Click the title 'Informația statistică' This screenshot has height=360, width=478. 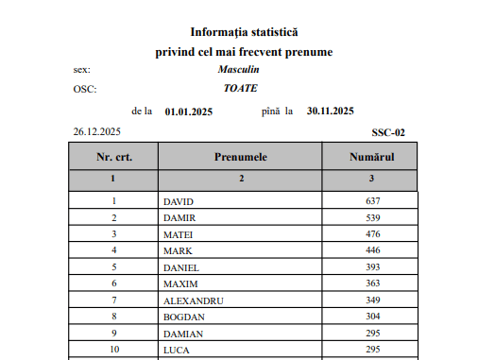pos(246,33)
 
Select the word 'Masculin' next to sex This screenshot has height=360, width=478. pos(238,70)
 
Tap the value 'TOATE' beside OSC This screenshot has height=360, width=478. pos(239,89)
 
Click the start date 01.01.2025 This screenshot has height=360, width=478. pos(189,111)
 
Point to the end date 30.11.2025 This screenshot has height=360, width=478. pos(331,111)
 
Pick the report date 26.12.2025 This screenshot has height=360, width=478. pos(96,132)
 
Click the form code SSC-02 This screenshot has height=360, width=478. pos(388,132)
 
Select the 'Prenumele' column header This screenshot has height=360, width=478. pos(240,155)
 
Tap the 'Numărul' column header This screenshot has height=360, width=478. pos(371,155)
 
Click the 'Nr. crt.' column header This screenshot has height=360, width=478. pos(113,155)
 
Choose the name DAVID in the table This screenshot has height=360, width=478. pos(178,201)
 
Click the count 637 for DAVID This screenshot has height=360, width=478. pos(371,201)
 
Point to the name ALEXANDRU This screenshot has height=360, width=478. pos(194,300)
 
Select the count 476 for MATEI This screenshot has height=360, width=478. pos(371,234)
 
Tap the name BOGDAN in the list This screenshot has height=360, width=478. pos(184,317)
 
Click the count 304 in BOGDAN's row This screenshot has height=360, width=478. pos(371,317)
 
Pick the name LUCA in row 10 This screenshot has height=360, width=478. pos(177,350)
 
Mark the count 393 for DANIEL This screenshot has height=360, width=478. pos(371,267)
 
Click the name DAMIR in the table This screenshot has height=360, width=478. pos(179,218)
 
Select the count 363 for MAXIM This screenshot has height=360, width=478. pos(371,283)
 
